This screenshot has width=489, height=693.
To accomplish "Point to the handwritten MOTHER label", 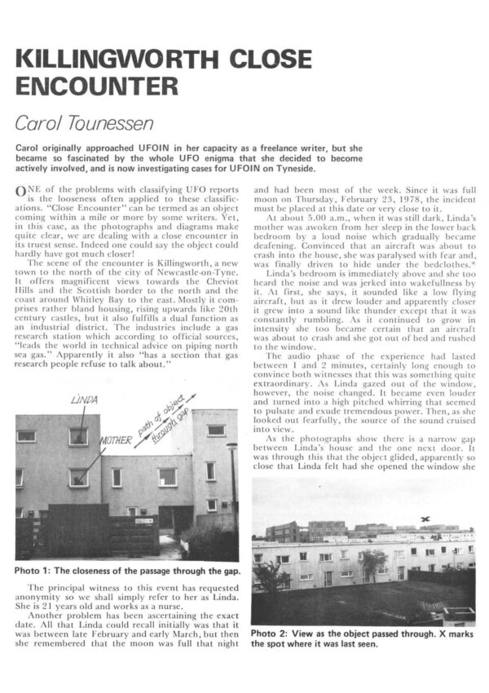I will [116, 441].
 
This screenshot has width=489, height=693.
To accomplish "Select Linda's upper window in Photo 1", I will [78, 436].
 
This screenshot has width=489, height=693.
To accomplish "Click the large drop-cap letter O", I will [20, 191].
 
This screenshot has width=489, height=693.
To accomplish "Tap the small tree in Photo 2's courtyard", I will [372, 562].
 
